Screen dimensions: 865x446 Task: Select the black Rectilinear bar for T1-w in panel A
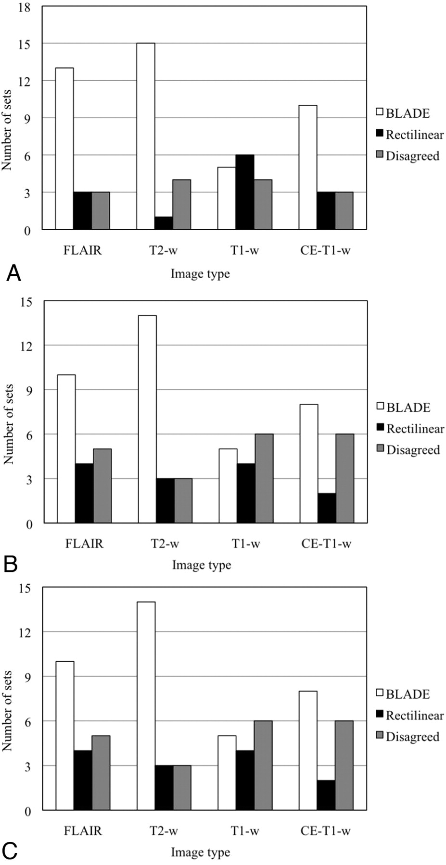pos(245,192)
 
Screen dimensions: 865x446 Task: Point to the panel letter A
pos(13,274)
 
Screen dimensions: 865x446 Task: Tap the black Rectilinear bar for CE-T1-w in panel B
pos(327,508)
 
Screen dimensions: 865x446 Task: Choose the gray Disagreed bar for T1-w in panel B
pos(264,479)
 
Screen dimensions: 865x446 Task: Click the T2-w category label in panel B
pos(165,544)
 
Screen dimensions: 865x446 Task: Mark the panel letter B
pos(11,564)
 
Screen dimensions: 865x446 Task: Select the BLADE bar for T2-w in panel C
pos(146,706)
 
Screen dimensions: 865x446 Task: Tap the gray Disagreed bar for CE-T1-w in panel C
pos(344,766)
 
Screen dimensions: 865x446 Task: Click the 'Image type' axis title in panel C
pos(201,853)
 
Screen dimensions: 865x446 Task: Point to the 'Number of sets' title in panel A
pos(7,130)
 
